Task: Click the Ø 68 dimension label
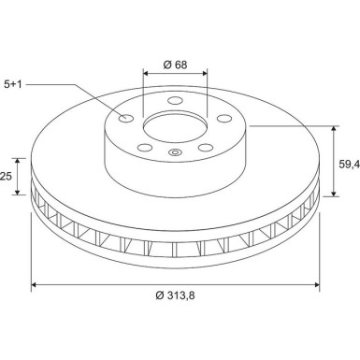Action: [175, 65]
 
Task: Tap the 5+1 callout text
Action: [13, 84]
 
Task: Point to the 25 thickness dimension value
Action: [6, 177]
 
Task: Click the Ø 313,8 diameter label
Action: [175, 295]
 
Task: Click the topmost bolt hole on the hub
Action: [175, 101]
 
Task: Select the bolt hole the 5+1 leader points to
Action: [126, 118]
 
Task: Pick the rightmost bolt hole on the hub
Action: [224, 119]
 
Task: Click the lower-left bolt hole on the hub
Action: [145, 148]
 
